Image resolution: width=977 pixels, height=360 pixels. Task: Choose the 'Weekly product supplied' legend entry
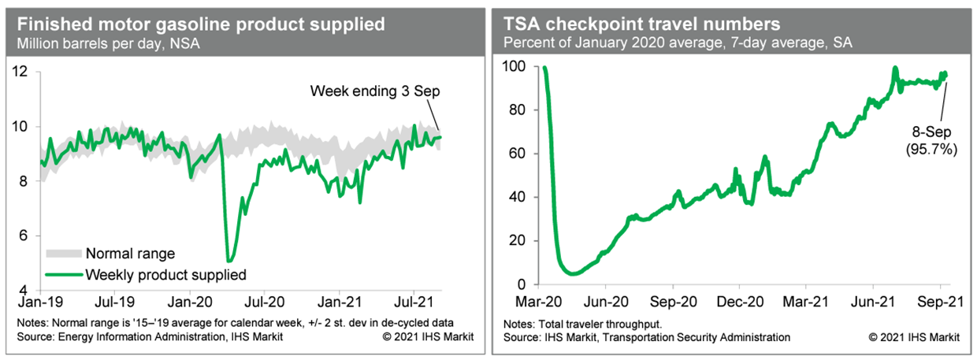[x=165, y=274]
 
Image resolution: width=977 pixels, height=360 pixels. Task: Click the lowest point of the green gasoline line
[x=228, y=260]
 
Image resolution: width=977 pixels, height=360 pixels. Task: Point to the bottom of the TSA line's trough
[x=573, y=274]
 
